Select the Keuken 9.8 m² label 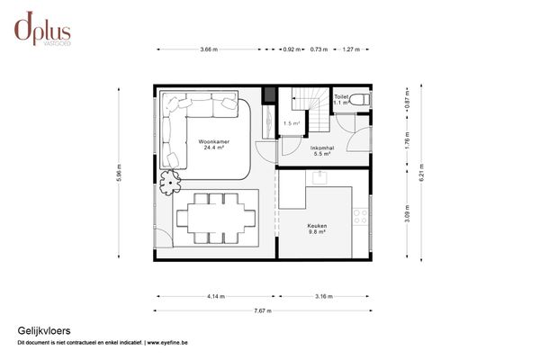(316, 229)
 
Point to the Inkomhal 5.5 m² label (321, 151)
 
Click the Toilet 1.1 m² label (340, 99)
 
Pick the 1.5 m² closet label (291, 123)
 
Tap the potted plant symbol (168, 184)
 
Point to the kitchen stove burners (360, 216)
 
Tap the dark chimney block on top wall (267, 94)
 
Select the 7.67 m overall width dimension (263, 310)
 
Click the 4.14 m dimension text (215, 295)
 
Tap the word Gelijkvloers (38, 330)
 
